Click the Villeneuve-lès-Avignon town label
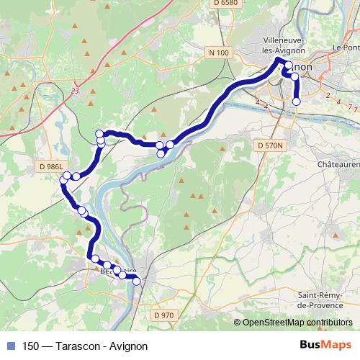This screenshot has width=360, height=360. click(284, 45)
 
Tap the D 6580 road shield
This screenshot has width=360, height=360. click(225, 4)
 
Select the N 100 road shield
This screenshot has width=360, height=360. click(218, 53)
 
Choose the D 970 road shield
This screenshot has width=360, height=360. click(164, 315)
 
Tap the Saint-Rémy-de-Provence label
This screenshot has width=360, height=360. click(323, 300)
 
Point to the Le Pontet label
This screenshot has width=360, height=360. click(346, 48)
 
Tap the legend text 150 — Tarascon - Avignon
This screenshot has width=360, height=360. click(85, 346)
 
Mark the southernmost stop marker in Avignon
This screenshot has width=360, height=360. click(297, 102)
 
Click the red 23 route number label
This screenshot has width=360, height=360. click(75, 91)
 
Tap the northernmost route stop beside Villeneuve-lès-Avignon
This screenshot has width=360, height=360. click(289, 66)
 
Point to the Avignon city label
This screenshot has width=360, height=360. click(302, 66)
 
